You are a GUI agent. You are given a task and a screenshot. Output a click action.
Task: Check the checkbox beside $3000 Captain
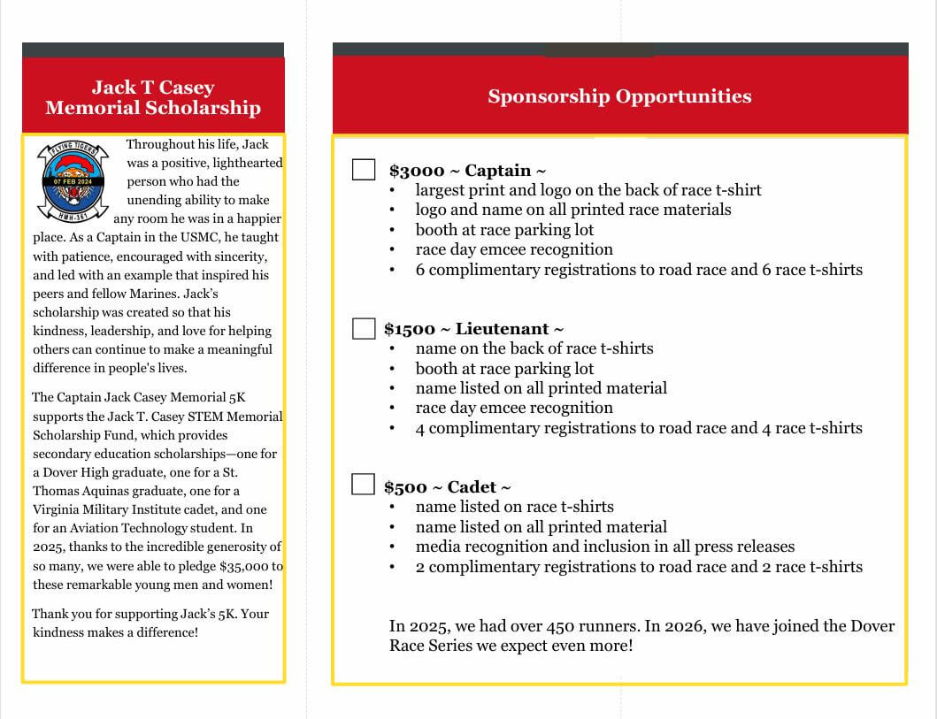[364, 169]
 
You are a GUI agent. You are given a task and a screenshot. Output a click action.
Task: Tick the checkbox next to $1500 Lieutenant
[364, 328]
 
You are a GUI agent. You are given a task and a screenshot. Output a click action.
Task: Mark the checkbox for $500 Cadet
[363, 484]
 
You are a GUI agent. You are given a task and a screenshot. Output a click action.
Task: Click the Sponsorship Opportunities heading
[619, 96]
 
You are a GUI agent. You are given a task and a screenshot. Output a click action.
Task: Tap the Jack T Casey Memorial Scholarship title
[153, 97]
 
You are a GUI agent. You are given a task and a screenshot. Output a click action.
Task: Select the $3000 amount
[416, 171]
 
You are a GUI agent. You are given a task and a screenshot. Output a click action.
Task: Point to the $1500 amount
[410, 329]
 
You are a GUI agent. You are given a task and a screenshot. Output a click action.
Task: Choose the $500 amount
[405, 487]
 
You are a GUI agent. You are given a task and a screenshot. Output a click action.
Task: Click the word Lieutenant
[502, 329]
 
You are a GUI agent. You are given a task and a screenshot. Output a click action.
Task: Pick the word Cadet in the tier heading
[472, 487]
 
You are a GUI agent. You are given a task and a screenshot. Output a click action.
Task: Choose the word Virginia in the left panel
[57, 509]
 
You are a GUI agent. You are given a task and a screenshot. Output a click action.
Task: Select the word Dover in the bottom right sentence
[872, 626]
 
